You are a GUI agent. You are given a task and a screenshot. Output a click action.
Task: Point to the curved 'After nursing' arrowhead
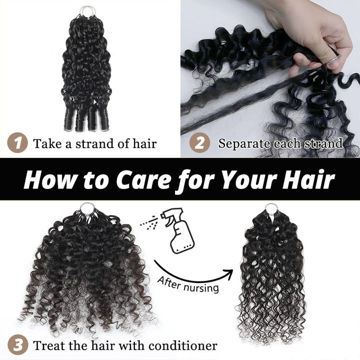[229, 272]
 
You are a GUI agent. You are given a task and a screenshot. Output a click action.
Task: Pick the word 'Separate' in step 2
[240, 144]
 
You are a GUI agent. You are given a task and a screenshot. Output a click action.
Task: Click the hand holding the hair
[315, 30]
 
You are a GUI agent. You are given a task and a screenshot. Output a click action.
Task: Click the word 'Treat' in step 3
[48, 345]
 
